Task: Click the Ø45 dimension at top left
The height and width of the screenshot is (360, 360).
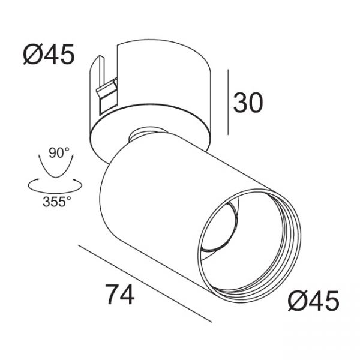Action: click(49, 54)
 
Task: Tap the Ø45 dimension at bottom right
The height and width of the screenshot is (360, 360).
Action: click(314, 301)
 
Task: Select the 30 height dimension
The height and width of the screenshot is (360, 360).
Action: click(248, 103)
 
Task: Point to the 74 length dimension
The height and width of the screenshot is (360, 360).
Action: click(119, 294)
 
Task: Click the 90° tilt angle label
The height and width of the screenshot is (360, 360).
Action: click(59, 152)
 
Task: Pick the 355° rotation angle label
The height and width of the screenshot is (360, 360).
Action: click(57, 202)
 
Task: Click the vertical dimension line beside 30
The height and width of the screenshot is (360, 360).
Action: click(228, 102)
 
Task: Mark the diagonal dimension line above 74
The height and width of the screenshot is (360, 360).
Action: click(145, 284)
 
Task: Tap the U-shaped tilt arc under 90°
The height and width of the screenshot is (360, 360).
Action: click(56, 177)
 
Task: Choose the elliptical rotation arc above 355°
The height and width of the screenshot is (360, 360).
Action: click(55, 193)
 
